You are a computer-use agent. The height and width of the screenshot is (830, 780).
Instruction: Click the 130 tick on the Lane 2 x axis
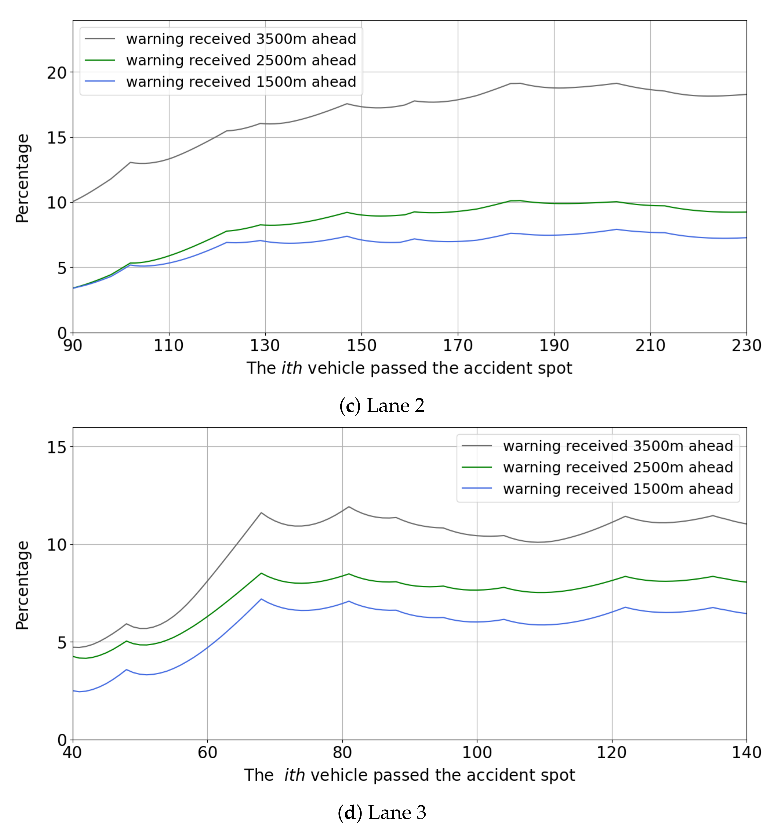point(265,346)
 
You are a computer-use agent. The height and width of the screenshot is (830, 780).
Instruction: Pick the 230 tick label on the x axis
point(746,346)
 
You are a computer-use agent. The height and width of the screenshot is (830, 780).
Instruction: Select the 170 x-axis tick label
point(458,346)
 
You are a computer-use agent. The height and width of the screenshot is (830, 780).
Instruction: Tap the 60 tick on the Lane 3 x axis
point(208,752)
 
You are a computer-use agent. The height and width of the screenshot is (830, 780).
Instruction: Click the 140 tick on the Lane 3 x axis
point(746,752)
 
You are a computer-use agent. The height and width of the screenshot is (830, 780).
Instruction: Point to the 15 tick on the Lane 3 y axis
point(57,447)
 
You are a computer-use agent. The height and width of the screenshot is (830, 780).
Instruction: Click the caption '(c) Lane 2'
point(382,406)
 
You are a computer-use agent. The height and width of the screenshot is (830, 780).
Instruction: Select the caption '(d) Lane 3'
point(382,813)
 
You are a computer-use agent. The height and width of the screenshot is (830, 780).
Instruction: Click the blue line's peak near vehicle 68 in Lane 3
point(261,599)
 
